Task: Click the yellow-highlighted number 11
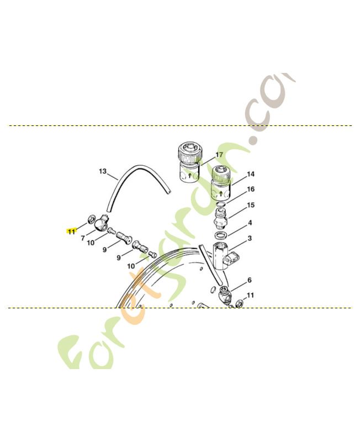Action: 71,231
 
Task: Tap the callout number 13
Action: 102,171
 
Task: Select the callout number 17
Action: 219,155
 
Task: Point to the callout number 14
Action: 250,174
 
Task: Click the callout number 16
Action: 250,189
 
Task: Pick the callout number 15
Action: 250,205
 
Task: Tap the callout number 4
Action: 250,223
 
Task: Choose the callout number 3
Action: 250,238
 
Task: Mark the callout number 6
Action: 249,280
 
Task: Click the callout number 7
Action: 83,238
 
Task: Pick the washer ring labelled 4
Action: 221,236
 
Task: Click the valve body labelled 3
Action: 225,256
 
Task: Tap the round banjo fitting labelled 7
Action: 100,224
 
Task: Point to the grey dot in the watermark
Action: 253,140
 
